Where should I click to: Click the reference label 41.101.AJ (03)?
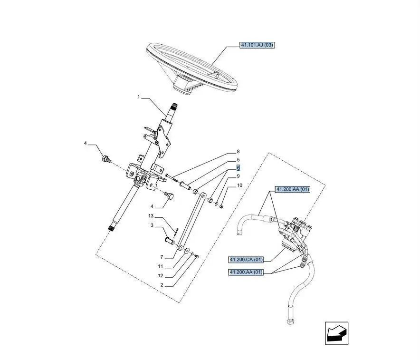pos(257,45)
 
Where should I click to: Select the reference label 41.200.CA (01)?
pos(246,260)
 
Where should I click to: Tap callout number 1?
pos(139,97)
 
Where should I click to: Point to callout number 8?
pos(238,152)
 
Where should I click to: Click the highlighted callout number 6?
pos(238,168)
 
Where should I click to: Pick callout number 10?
pos(240,185)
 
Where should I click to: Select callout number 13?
pos(151,216)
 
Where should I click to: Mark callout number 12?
pos(161,275)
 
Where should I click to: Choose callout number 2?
pos(162,285)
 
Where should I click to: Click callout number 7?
pos(162,257)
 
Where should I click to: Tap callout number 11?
pos(161,266)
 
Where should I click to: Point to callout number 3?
pos(152,225)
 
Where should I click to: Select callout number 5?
pos(238,160)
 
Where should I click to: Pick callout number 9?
pos(238,176)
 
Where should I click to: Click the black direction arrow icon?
pos(337,333)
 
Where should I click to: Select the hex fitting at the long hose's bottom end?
pos(290,321)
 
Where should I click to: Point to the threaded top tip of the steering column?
pos(175,105)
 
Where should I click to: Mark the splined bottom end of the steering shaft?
pos(111,228)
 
